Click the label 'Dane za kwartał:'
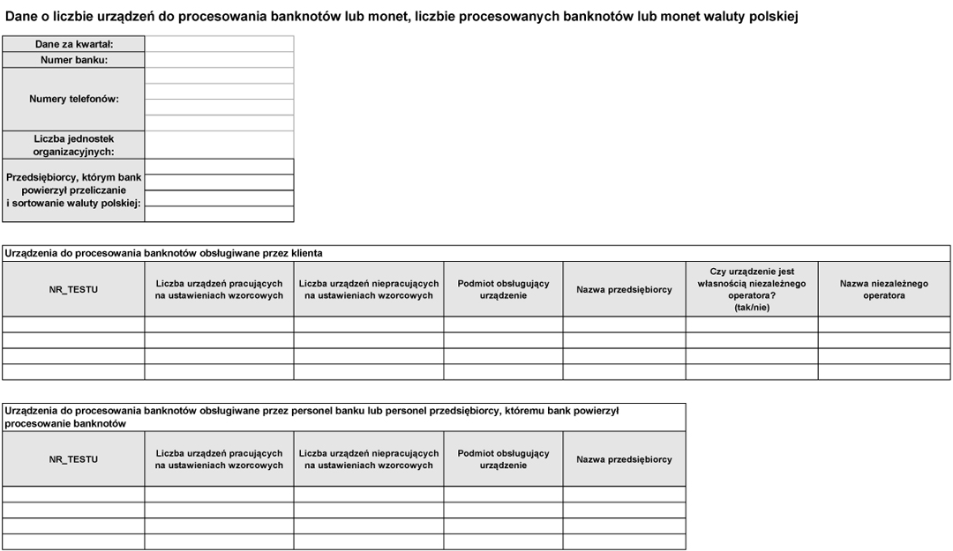74,44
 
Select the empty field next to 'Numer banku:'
219,60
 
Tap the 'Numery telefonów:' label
74,99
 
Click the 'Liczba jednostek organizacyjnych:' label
74,145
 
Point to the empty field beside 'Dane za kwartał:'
219,44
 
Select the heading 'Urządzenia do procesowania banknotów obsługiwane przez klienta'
164,253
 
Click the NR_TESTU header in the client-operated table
73,289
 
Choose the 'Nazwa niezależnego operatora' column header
884,289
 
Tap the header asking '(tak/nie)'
752,307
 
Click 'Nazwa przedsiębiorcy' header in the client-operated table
624,289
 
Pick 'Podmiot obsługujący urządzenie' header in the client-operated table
503,289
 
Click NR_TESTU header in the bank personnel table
73,459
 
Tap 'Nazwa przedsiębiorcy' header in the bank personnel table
624,459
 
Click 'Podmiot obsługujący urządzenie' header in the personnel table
503,459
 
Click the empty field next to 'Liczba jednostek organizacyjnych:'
219,145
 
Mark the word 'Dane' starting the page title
21,16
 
